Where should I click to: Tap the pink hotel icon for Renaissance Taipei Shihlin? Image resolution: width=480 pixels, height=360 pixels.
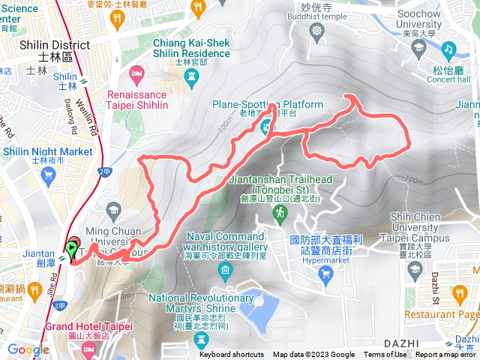136,73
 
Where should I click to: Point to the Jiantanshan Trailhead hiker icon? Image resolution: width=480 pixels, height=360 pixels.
279,216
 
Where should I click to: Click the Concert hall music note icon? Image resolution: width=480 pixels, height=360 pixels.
449,49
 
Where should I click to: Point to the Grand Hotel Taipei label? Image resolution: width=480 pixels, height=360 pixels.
88,327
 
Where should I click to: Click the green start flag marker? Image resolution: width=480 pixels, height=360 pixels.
72,248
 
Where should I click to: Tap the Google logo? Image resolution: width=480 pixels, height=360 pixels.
28,349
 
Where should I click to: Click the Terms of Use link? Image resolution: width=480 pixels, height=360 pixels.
385,355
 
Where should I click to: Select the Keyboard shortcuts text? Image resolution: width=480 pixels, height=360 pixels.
231,355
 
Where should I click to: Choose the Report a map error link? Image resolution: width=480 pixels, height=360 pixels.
445,355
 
